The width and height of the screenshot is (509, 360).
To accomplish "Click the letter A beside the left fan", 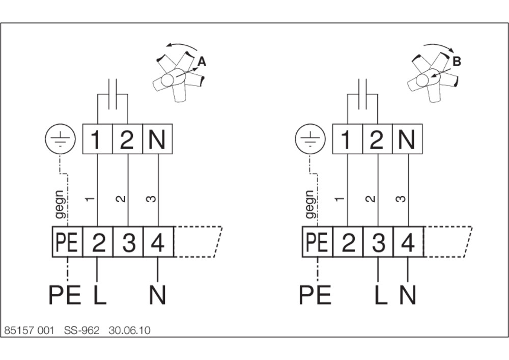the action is pyautogui.click(x=202, y=61).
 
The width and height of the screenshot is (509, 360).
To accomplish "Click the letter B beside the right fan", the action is pyautogui.click(x=457, y=61).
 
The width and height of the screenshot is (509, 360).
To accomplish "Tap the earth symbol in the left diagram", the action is pyautogui.click(x=60, y=139).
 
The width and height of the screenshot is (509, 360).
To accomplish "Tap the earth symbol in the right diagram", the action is pyautogui.click(x=310, y=139).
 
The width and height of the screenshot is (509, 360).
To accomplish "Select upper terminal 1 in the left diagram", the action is pyautogui.click(x=97, y=139).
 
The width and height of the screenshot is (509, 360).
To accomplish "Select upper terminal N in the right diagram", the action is pyautogui.click(x=407, y=139).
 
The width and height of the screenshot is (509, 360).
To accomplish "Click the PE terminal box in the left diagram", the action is pyautogui.click(x=68, y=242).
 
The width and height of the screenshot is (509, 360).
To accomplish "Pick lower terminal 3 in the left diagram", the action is pyautogui.click(x=128, y=242).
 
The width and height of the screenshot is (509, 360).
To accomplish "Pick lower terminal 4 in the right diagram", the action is pyautogui.click(x=408, y=242).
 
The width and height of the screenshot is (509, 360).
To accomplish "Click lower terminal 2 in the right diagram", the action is pyautogui.click(x=348, y=242).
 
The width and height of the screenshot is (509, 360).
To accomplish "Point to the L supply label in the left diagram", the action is pyautogui.click(x=100, y=295).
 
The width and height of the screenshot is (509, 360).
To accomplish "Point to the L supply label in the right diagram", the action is pyautogui.click(x=381, y=295).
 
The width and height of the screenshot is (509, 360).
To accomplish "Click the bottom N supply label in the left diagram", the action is pyautogui.click(x=158, y=295).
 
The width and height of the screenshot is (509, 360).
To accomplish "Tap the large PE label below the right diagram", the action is pyautogui.click(x=315, y=295).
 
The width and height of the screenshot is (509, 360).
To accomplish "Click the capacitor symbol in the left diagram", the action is pyautogui.click(x=112, y=94).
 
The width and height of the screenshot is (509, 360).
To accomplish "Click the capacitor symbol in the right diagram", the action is pyautogui.click(x=362, y=94).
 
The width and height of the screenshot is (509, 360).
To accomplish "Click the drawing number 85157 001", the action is pyautogui.click(x=29, y=330).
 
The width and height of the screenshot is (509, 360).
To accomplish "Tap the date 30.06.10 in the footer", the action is pyautogui.click(x=129, y=330).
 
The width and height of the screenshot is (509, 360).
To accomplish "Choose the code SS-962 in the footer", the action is pyautogui.click(x=81, y=330).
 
